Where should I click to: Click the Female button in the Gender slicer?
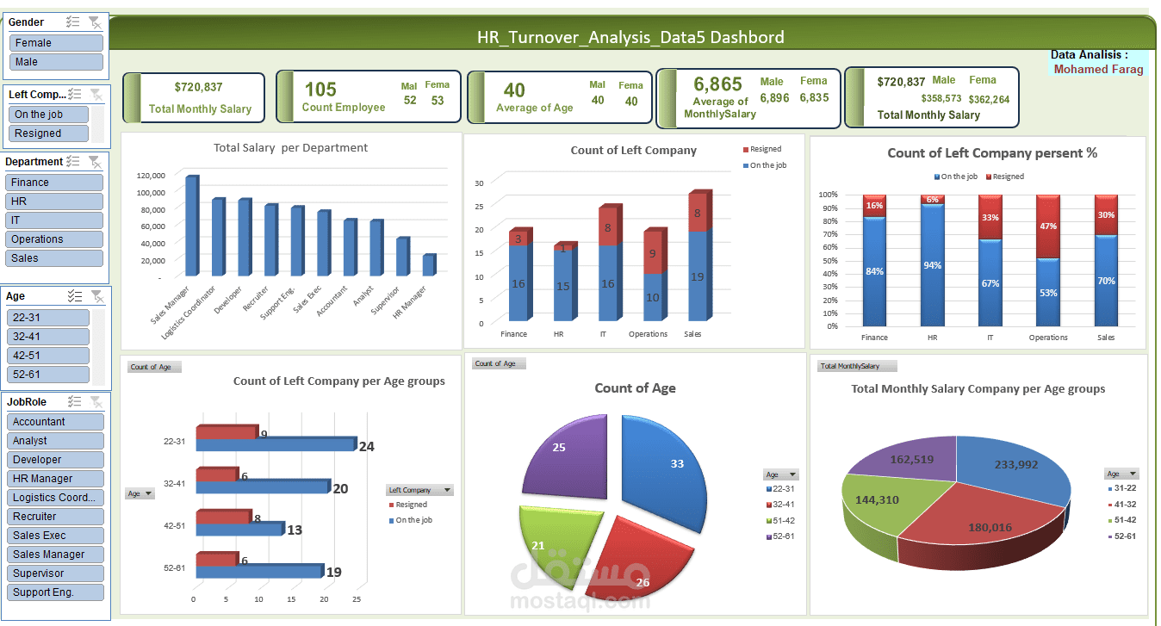56,43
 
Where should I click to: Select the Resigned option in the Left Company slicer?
50,133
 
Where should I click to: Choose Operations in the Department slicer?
53,239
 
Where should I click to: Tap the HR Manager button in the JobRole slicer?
56,479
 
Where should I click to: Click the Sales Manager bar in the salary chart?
190,226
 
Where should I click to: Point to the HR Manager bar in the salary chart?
428,265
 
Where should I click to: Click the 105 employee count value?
320,90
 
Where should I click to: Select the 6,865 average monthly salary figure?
717,84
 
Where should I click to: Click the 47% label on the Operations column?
1048,226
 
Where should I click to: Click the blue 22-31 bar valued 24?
276,445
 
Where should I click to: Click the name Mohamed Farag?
1098,69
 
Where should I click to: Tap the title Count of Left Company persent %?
992,153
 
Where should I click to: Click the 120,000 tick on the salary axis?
151,175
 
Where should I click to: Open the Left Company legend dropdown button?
447,490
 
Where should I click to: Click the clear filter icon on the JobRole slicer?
96,402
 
